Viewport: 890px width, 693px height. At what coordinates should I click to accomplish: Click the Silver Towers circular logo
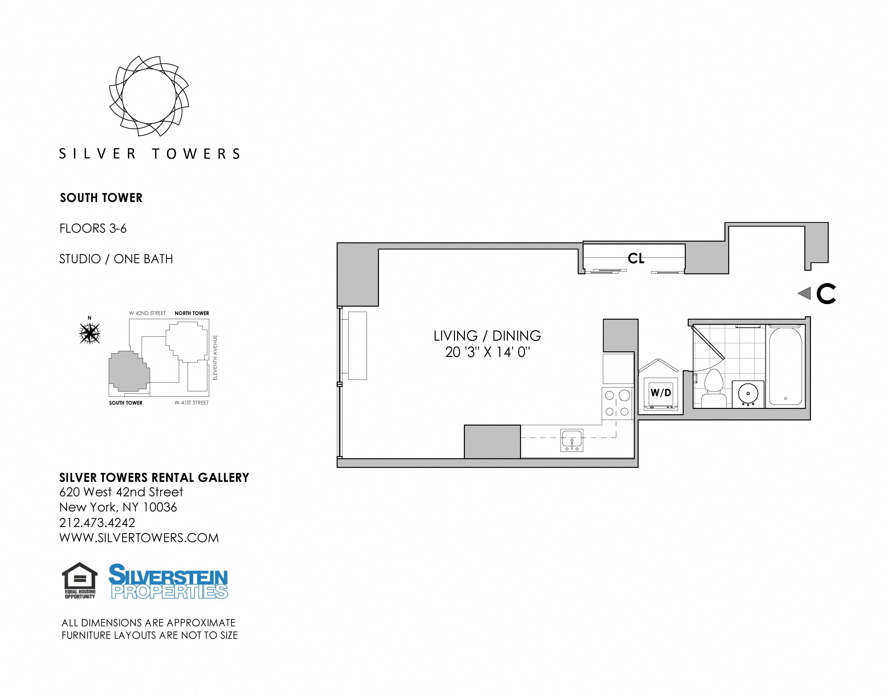coord(149,96)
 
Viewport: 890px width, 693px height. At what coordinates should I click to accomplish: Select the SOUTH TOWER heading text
coord(101,198)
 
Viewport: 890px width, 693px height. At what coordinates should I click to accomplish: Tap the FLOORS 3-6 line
coord(93,228)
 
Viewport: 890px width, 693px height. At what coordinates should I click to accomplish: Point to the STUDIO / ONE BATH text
coord(116,259)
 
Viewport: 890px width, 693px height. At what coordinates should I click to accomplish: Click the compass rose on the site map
coord(90,333)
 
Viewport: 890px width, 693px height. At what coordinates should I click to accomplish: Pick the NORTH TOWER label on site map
coord(191,313)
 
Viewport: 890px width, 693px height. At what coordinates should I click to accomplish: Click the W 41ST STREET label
coord(191,403)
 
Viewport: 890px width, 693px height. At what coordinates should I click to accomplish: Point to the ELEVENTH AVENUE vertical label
coord(215,358)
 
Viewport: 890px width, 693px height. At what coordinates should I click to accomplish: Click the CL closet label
coord(636,258)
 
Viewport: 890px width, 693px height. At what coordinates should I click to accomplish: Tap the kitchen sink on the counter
coord(572,440)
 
